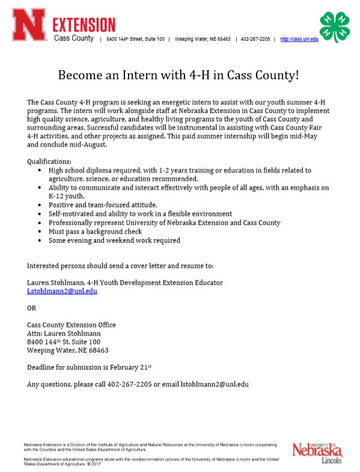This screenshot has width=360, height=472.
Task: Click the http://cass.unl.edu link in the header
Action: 299,39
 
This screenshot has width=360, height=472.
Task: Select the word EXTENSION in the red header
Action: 84,25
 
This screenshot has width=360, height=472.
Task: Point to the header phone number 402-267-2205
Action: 255,39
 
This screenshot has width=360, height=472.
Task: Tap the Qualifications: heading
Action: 49,162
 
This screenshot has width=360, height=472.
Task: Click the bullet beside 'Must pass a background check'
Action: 40,231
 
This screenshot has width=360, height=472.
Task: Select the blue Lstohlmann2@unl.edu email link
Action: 62,291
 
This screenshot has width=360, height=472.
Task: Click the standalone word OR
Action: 32,308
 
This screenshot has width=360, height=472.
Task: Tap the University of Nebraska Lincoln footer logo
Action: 317,453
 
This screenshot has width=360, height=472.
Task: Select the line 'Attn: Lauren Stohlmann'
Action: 64,334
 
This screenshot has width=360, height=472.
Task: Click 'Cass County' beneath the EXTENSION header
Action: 74,39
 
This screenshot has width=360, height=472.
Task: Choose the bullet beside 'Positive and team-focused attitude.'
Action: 40,205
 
